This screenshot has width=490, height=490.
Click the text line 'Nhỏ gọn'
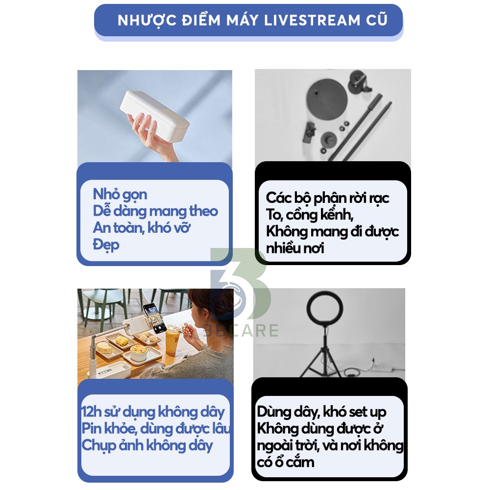120,195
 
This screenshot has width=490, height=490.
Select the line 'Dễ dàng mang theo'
155,211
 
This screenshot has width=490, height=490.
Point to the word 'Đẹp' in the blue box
106,245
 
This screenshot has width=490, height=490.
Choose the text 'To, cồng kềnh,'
310,215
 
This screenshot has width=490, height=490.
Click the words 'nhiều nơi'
295,248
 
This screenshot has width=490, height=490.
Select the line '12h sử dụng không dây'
153,412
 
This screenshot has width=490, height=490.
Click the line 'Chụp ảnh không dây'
147,445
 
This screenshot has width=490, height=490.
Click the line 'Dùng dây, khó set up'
321,412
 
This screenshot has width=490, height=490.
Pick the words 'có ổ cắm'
285,462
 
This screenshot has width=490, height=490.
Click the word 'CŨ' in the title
375,21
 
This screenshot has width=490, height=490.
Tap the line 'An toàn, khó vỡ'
142,228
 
